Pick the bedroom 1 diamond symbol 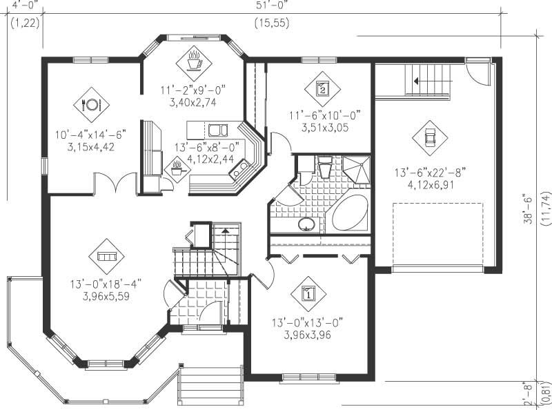[308, 294]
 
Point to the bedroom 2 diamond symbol [322, 88]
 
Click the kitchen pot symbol [177, 167]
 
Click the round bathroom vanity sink [306, 224]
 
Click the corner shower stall [356, 170]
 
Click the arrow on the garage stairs [417, 81]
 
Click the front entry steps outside [211, 387]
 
